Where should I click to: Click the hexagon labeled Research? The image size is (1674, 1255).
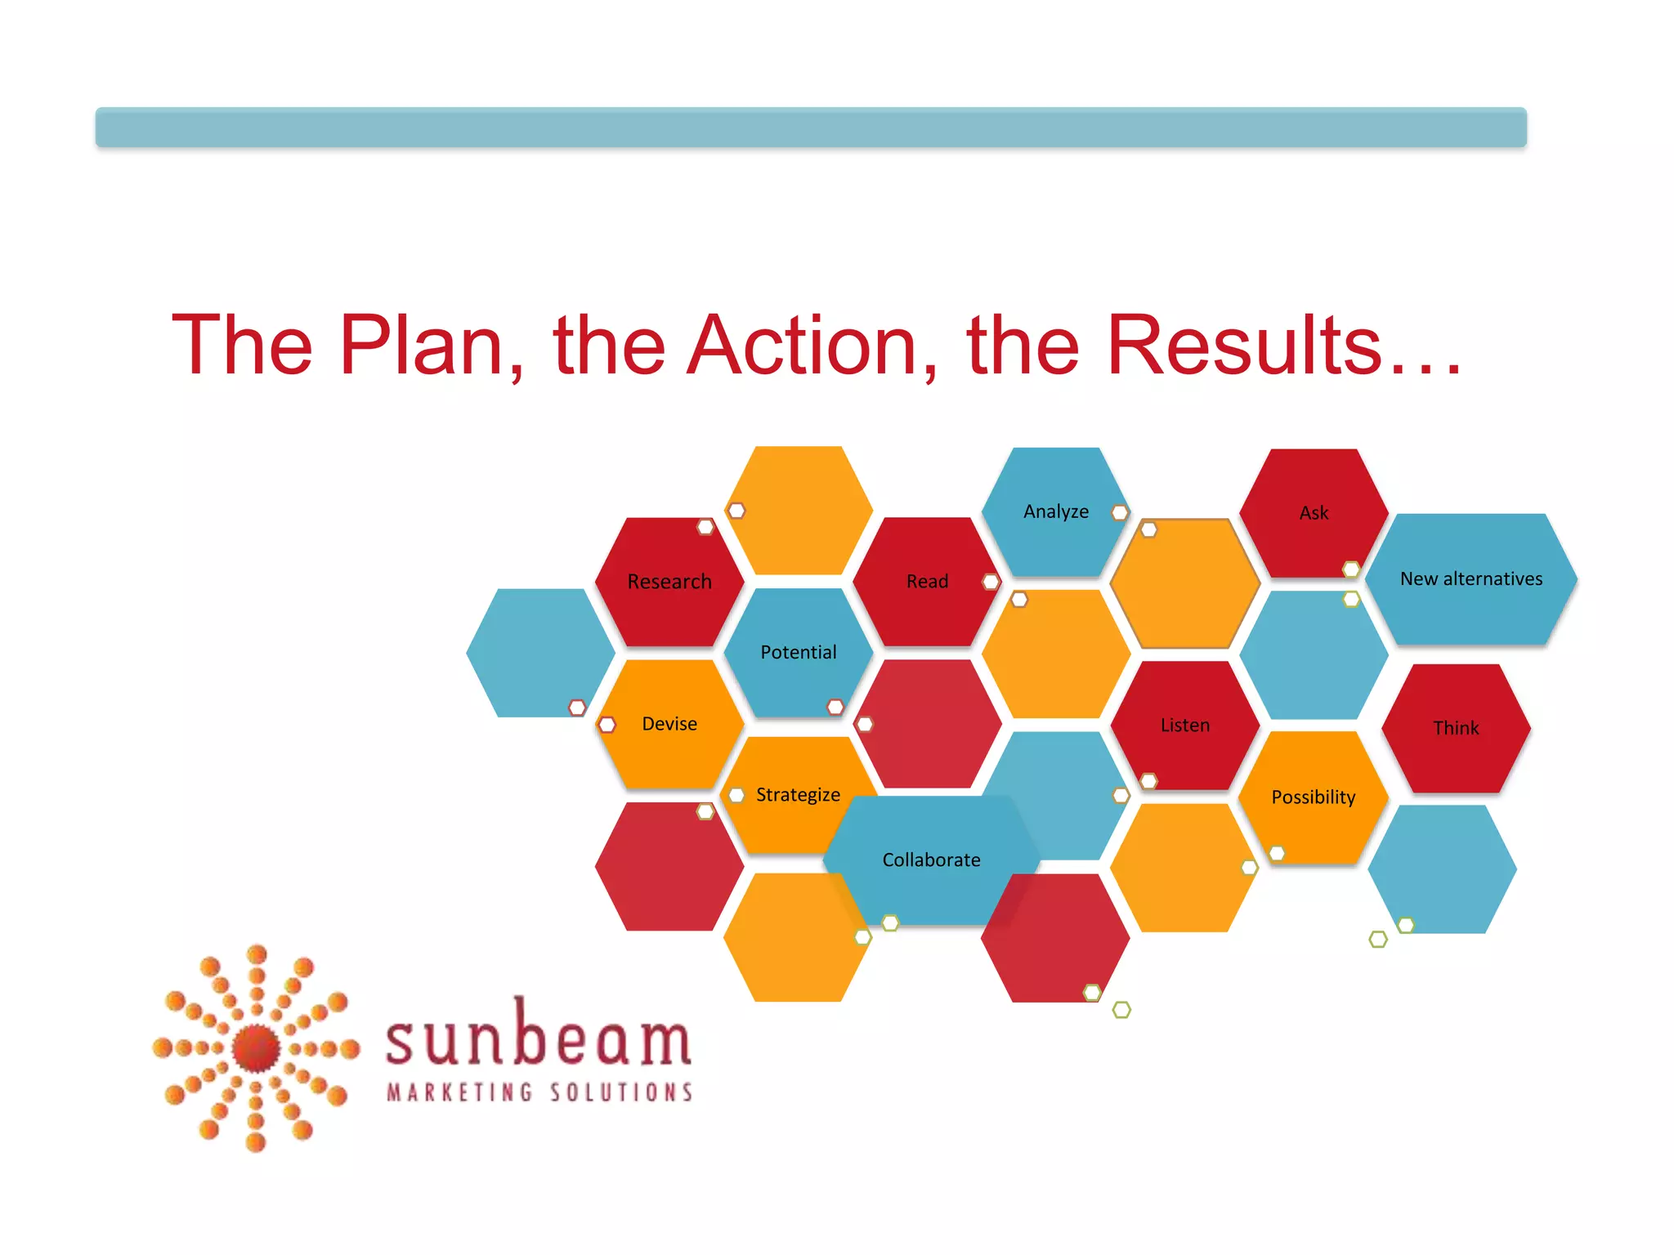point(669,582)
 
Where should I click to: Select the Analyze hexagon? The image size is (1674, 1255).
point(1055,511)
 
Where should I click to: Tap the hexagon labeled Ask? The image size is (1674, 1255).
point(1314,513)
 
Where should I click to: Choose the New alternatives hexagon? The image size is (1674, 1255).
point(1470,579)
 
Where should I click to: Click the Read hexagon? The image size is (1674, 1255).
point(927,582)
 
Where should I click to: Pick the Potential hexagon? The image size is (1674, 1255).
point(798,653)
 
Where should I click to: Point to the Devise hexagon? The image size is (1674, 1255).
point(669,724)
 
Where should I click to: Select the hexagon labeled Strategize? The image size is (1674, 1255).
point(798,795)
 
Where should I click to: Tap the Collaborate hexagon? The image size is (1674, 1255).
point(931,860)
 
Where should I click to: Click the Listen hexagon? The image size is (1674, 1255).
point(1184,726)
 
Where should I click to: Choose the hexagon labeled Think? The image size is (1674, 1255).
point(1456,728)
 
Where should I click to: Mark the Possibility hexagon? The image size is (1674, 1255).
point(1313,797)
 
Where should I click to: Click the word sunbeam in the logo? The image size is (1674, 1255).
point(539,1038)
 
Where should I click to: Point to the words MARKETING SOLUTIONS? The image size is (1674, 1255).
point(539,1092)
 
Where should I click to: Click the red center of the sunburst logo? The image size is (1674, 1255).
point(256,1047)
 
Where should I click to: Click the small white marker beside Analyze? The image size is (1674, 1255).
point(1120,512)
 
